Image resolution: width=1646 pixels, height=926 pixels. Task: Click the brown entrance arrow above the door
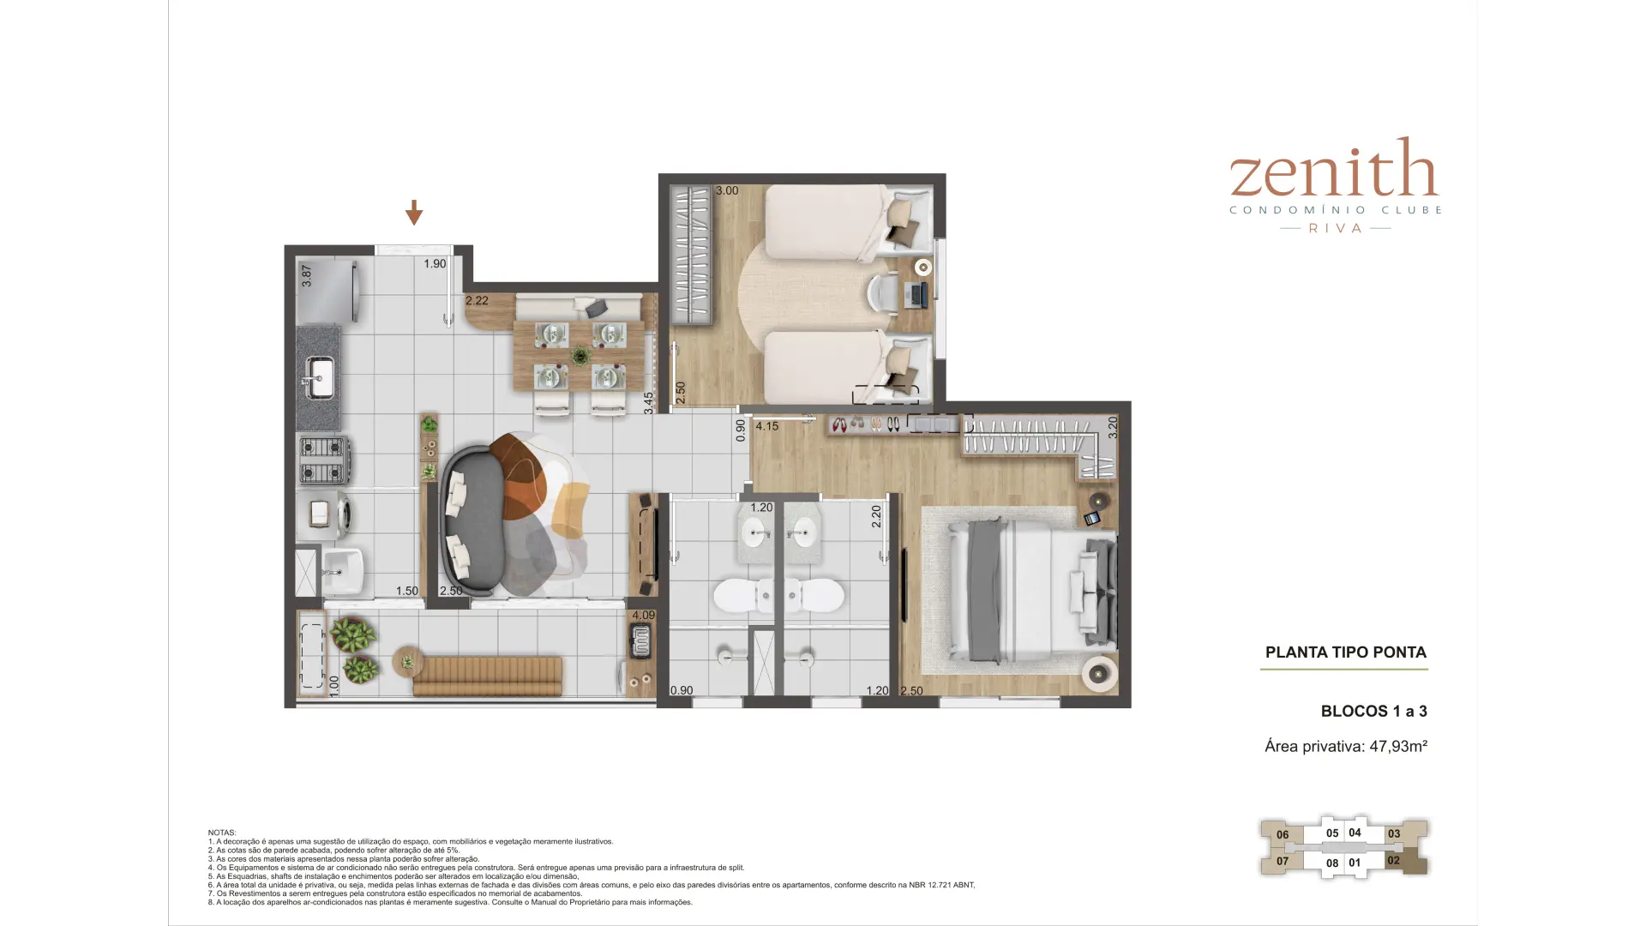point(414,213)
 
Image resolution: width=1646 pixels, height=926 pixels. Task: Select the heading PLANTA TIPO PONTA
point(1346,652)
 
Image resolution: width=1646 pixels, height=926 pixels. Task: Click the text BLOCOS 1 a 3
point(1373,711)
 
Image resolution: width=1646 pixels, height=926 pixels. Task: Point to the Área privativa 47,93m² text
point(1346,746)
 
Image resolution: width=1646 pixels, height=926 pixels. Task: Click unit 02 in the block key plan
point(1393,860)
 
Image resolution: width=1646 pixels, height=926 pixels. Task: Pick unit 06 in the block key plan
point(1283,834)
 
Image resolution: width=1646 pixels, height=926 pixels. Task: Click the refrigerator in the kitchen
point(327,291)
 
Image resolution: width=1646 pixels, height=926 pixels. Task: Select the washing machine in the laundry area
point(327,514)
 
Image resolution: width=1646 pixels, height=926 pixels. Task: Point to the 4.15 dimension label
point(767,426)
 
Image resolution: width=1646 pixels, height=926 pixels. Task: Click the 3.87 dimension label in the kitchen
point(307,275)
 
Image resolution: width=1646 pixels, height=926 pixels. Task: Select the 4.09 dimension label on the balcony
point(643,615)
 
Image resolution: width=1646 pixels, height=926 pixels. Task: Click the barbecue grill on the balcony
point(640,640)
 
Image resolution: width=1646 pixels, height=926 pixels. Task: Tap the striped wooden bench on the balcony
point(487,676)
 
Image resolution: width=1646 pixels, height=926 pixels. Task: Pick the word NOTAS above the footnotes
point(222,833)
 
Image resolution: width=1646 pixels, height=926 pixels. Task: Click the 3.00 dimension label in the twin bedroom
point(727,190)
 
